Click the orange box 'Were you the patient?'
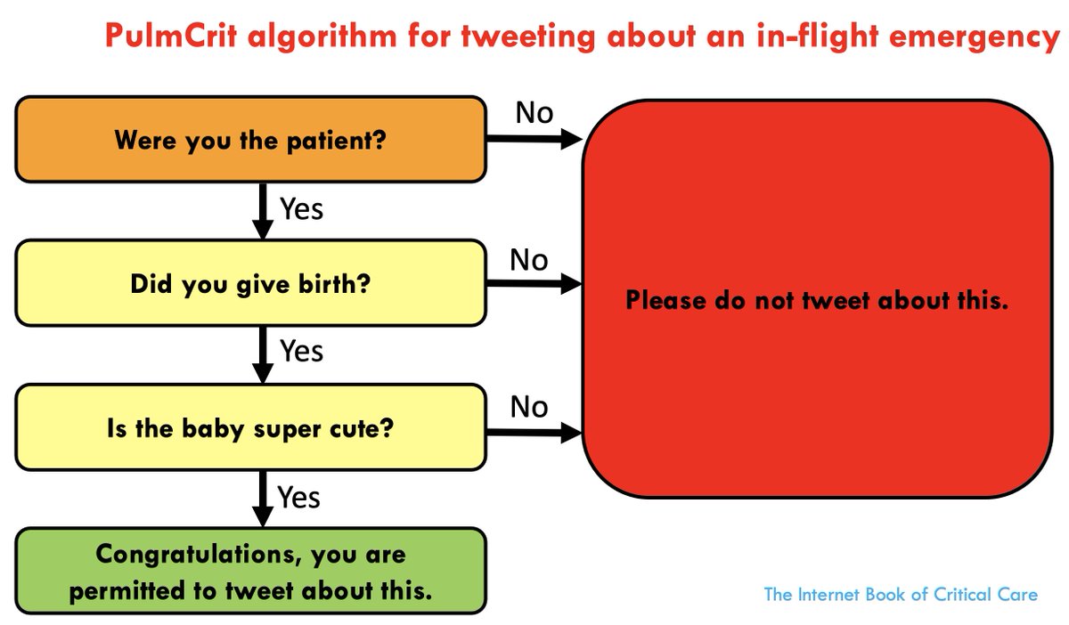(x=250, y=140)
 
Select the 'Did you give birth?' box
(x=250, y=284)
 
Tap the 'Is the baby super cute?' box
(x=250, y=429)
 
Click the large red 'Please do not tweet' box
(x=816, y=299)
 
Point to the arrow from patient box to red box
(x=533, y=140)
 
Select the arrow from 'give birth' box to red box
(x=533, y=285)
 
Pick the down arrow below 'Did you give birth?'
(x=262, y=353)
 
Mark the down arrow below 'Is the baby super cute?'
(x=262, y=499)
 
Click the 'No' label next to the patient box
(x=534, y=114)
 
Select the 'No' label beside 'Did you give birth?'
(x=528, y=260)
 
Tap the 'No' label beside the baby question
(x=528, y=408)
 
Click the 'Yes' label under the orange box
(x=301, y=209)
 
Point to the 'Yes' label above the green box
(x=298, y=496)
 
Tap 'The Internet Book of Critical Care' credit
(x=901, y=594)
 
